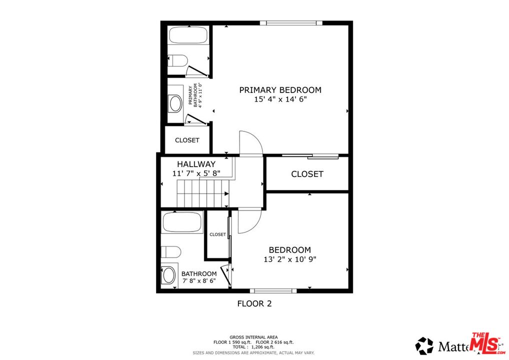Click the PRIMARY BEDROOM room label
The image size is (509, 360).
[x=280, y=90]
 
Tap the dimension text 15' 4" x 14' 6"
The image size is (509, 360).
[x=280, y=99]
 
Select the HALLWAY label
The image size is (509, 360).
[x=196, y=164]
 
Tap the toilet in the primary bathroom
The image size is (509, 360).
[x=177, y=61]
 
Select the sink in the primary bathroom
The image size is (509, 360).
[x=175, y=103]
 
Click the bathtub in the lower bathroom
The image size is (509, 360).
[x=182, y=222]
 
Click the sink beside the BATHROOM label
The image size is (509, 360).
[x=169, y=274]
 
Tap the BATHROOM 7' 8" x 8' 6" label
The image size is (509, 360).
[x=199, y=277]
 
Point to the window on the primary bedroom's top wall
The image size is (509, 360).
[x=291, y=22]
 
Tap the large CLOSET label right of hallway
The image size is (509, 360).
[x=307, y=174]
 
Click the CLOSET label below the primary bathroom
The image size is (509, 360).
[x=187, y=140]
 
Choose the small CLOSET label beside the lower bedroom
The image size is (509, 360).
[x=217, y=234]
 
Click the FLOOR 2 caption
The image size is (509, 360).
[x=254, y=303]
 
